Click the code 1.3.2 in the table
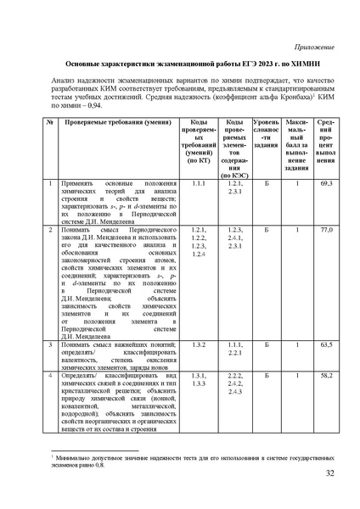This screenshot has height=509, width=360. tap(200, 346)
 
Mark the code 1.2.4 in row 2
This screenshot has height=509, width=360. tap(200, 255)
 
